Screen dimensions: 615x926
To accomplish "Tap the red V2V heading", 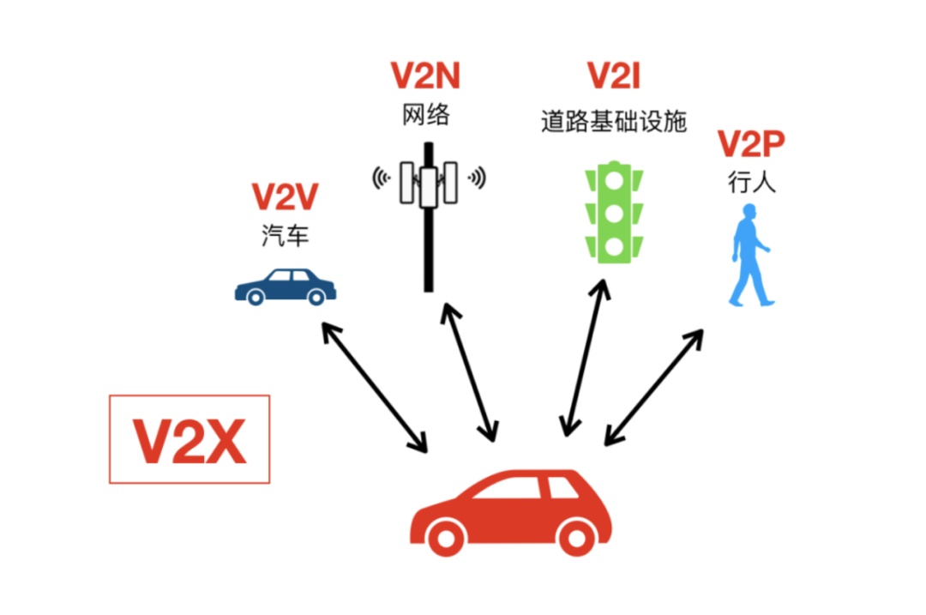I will [x=285, y=197].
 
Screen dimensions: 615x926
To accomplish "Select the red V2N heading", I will [x=426, y=76].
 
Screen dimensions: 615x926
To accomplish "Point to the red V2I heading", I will [x=614, y=76].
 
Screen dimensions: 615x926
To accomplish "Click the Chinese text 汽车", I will [x=285, y=235].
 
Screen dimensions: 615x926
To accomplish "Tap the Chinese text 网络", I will [x=426, y=114].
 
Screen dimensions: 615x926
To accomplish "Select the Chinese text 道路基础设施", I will [x=614, y=122].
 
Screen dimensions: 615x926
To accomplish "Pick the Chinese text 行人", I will [x=751, y=183].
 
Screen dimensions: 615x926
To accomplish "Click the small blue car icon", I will [x=285, y=286].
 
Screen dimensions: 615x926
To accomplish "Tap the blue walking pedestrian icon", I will [x=750, y=255].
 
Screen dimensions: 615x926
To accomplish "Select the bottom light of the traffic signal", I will [x=614, y=247].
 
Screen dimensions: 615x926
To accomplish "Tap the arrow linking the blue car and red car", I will [x=374, y=386].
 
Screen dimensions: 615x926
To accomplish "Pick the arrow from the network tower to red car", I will [x=468, y=371].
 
